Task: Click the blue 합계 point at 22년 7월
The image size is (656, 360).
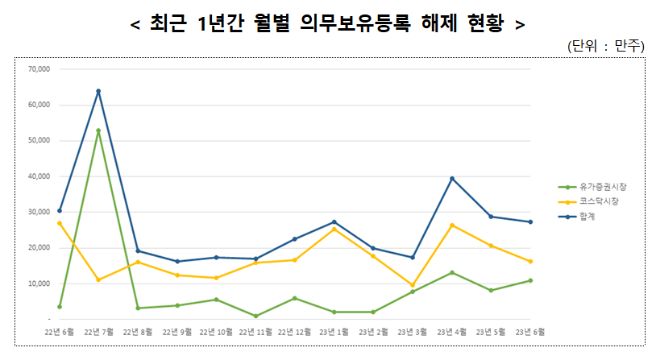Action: pyautogui.click(x=98, y=91)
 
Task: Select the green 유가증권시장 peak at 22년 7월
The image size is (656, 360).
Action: pyautogui.click(x=98, y=130)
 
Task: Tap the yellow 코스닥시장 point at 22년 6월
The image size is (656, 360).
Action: pyautogui.click(x=59, y=223)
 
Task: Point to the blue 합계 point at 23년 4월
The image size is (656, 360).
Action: pyautogui.click(x=452, y=178)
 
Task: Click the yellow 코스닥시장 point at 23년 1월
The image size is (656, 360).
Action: pyautogui.click(x=334, y=229)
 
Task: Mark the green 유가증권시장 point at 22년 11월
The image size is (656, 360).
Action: pyautogui.click(x=255, y=316)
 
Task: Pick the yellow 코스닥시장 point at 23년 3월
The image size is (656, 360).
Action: pyautogui.click(x=413, y=285)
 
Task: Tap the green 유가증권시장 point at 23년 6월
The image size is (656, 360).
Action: pyautogui.click(x=530, y=280)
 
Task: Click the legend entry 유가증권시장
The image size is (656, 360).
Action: pyautogui.click(x=600, y=187)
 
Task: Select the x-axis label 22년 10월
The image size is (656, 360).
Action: pyautogui.click(x=216, y=331)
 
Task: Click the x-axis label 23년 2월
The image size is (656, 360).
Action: pyautogui.click(x=374, y=331)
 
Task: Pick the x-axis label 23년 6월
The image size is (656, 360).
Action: pyautogui.click(x=530, y=331)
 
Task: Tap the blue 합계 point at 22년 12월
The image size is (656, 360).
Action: pyautogui.click(x=295, y=239)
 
